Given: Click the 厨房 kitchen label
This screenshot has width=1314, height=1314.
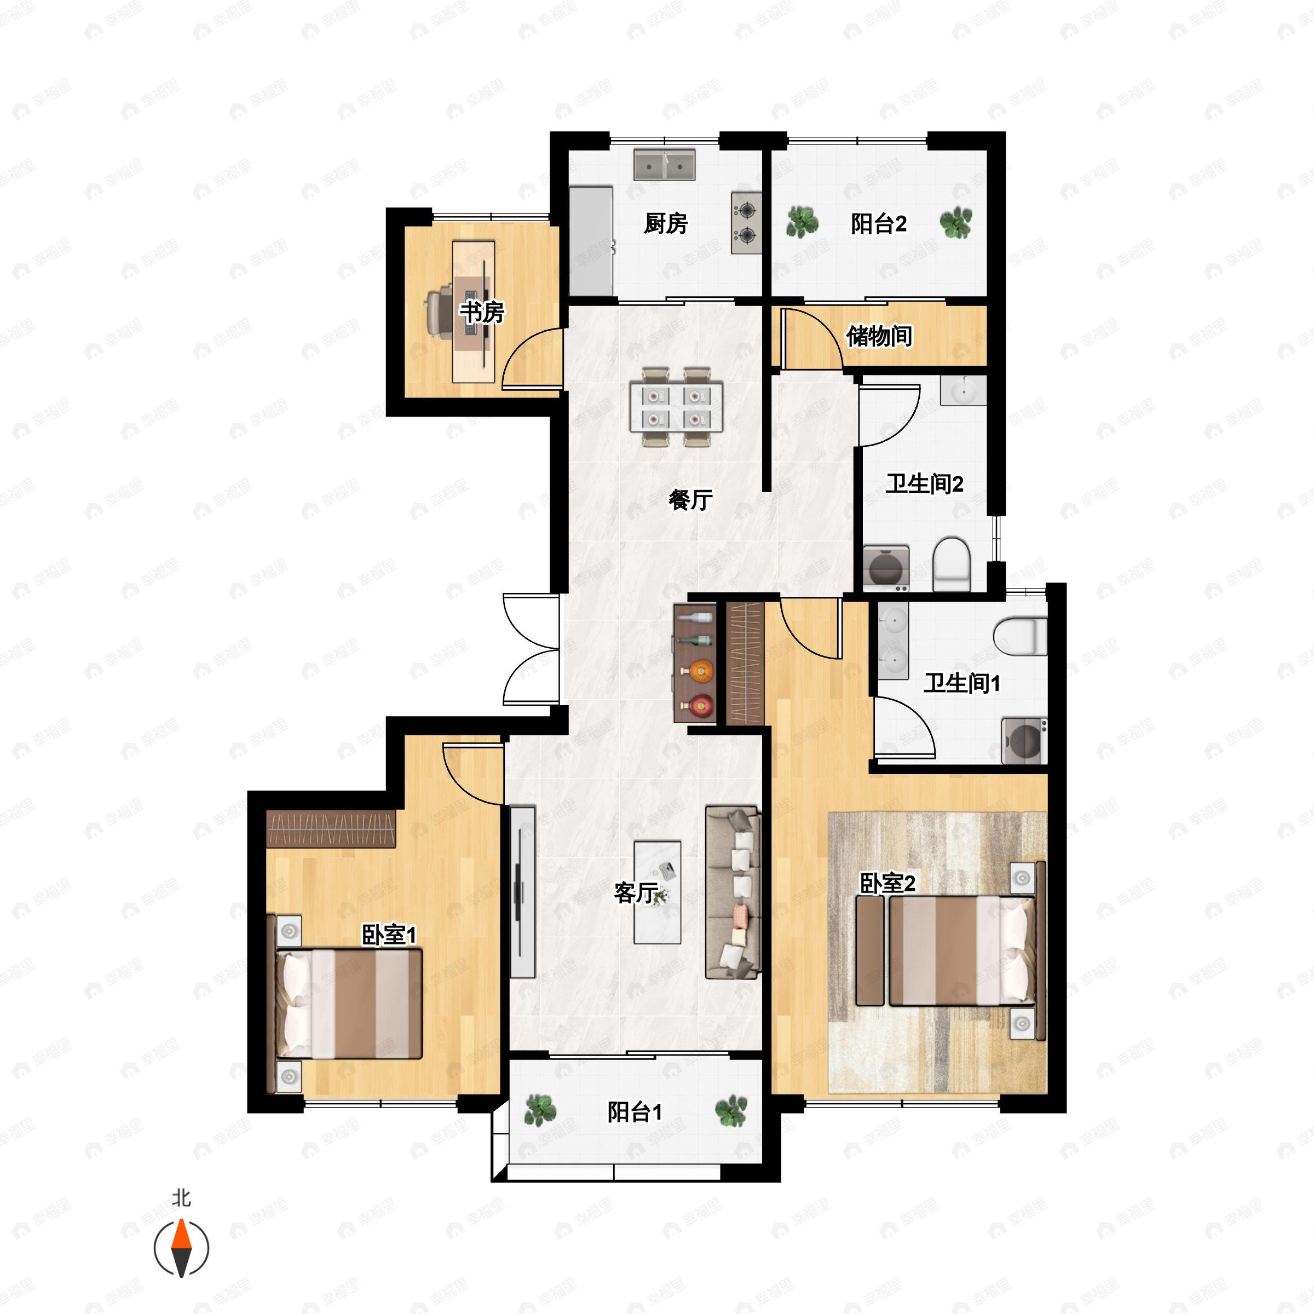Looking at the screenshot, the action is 666,223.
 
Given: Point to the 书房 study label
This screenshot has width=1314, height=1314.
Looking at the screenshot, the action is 482,312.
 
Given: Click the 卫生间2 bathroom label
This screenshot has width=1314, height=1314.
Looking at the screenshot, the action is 924,484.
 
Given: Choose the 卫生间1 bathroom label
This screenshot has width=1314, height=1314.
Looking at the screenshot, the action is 962,683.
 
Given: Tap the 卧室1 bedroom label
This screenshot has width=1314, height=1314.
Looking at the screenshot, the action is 388,935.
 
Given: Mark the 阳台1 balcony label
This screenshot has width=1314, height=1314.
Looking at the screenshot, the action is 635,1112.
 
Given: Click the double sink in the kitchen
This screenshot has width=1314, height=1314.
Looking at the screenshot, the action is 665,165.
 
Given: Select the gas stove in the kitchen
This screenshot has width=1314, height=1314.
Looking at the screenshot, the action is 746,222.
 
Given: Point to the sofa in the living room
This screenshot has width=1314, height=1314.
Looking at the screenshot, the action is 733,892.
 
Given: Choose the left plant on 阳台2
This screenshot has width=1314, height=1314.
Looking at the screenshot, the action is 803,222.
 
